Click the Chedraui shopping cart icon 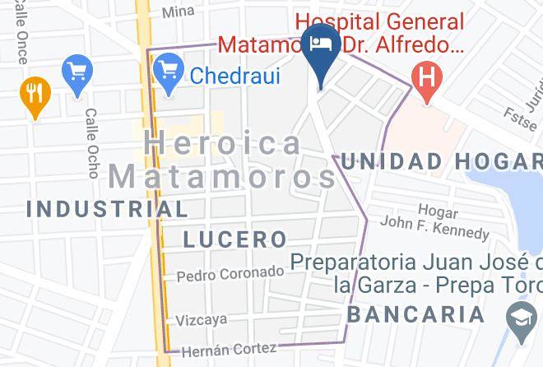point(169,68)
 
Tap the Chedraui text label point(235,77)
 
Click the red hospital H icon point(426,81)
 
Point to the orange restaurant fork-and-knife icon point(34,92)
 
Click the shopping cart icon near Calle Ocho point(78,71)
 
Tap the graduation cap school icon point(521,327)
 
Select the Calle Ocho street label point(90,142)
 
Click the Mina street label point(178,12)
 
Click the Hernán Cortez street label point(234,349)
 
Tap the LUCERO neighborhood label point(234,239)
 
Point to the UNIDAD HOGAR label point(442,162)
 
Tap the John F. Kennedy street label point(434,222)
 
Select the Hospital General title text point(380,22)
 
